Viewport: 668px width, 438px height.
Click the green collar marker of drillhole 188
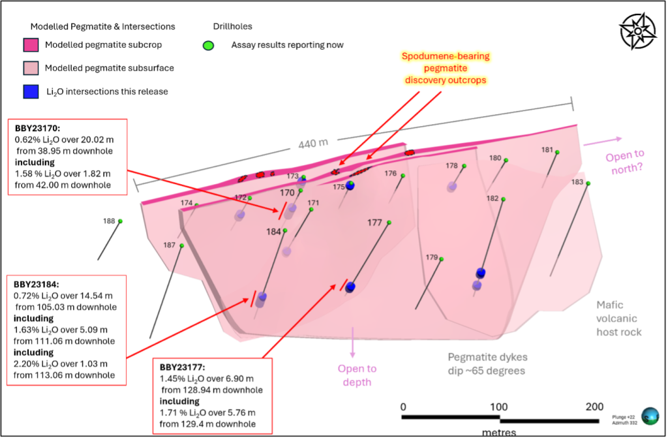(120, 221)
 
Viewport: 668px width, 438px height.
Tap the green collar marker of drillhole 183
(588, 183)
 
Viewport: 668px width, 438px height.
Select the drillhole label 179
(432, 257)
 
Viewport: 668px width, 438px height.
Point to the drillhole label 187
(169, 245)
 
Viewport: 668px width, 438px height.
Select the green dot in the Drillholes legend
(208, 45)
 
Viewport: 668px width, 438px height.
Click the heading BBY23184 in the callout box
(37, 285)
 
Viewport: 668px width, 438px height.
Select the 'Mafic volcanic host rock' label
(618, 318)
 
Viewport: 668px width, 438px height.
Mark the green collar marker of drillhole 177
(389, 223)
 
